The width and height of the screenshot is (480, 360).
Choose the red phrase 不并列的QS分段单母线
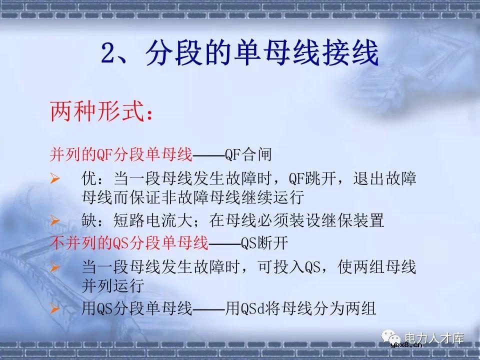pos(129,243)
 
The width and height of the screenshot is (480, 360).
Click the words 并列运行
pos(113,285)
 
